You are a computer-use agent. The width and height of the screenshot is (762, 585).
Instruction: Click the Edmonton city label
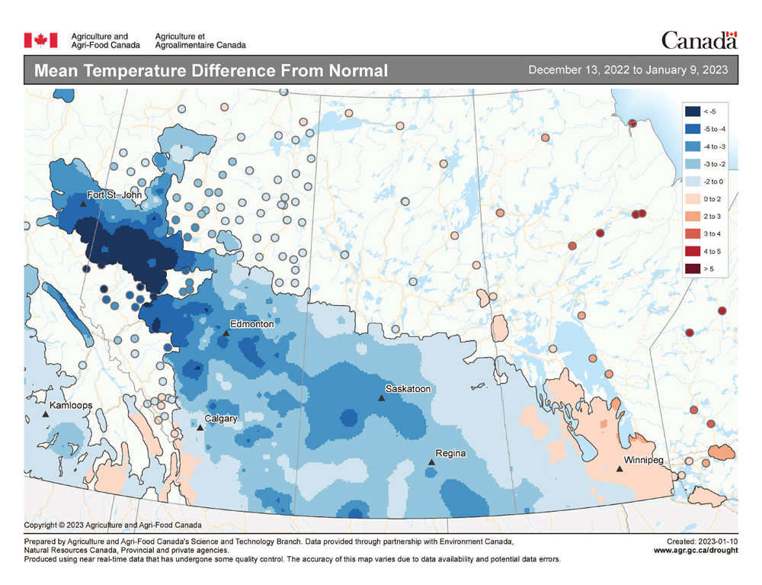pos(251,324)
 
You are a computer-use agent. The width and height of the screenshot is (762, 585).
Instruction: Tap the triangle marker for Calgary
pos(200,428)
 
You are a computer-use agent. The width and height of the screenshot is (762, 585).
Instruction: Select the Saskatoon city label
pos(408,389)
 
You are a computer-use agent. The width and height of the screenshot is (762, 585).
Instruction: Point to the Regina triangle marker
pos(431,461)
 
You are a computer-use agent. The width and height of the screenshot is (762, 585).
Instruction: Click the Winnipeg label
pos(644,461)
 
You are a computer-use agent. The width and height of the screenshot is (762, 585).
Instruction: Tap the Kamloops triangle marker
pos(45,413)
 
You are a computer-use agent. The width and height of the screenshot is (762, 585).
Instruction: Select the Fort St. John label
pos(114,195)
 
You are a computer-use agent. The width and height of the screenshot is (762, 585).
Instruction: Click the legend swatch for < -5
pos(693,111)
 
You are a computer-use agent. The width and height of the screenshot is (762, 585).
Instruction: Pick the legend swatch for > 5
pos(693,268)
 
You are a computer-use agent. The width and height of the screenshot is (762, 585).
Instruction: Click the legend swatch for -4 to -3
pos(693,146)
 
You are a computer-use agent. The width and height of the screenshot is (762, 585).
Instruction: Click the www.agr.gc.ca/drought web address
pos(695,550)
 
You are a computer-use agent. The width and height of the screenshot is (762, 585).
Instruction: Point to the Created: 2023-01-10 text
pos(701,541)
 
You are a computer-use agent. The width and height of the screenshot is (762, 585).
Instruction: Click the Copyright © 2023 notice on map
pos(113,526)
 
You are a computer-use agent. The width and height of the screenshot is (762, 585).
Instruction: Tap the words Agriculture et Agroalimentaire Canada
pos(200,40)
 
